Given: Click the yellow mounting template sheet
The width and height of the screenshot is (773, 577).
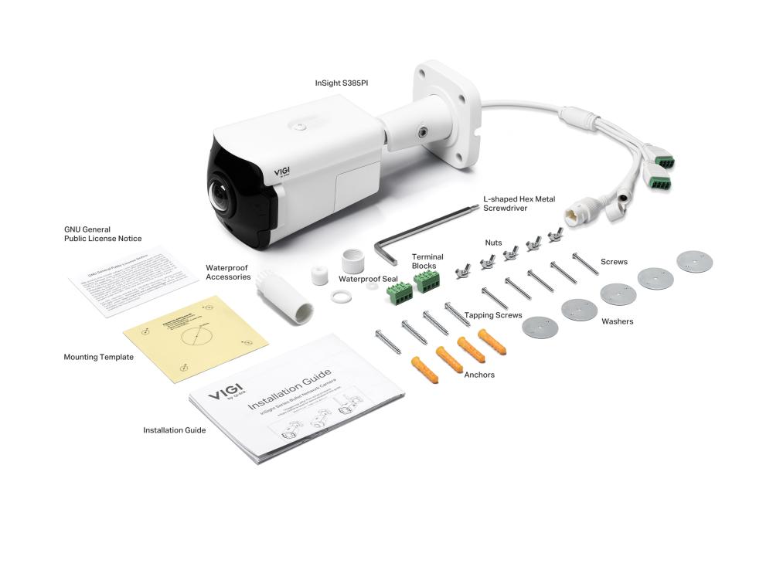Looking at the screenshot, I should pos(196,337).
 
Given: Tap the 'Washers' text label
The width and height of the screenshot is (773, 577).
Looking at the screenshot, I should pos(617,321).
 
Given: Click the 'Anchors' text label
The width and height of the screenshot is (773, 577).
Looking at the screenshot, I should pos(479,375).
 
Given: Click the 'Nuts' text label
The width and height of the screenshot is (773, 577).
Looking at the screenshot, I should pos(493,243).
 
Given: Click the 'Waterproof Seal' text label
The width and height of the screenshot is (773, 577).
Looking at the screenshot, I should pos(368,279).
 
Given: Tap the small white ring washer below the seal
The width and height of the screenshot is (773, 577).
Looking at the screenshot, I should pos(338,297).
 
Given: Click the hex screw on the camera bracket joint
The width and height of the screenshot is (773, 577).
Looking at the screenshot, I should pos(423,131).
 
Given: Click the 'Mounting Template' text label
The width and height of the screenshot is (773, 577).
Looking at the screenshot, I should pos(98,358).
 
